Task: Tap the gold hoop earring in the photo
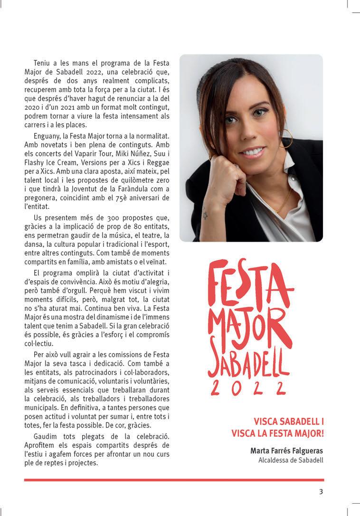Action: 288,141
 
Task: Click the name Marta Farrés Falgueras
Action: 286,450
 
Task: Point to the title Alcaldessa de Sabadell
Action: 291,460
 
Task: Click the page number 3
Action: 321,492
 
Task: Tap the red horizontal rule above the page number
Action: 174,480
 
